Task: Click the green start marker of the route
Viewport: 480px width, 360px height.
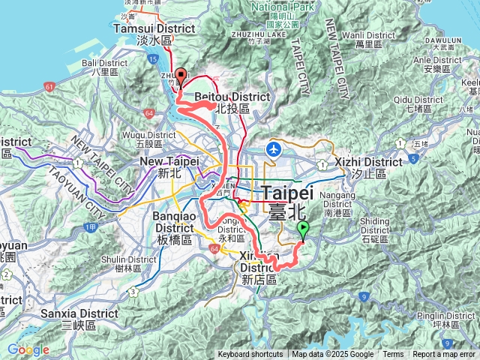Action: [x=303, y=229]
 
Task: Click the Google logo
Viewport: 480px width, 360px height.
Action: [x=28, y=349]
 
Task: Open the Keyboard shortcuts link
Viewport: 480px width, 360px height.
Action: [x=250, y=355]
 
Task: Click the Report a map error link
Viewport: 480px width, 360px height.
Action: [x=443, y=355]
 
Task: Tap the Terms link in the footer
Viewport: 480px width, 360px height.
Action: [x=392, y=355]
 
